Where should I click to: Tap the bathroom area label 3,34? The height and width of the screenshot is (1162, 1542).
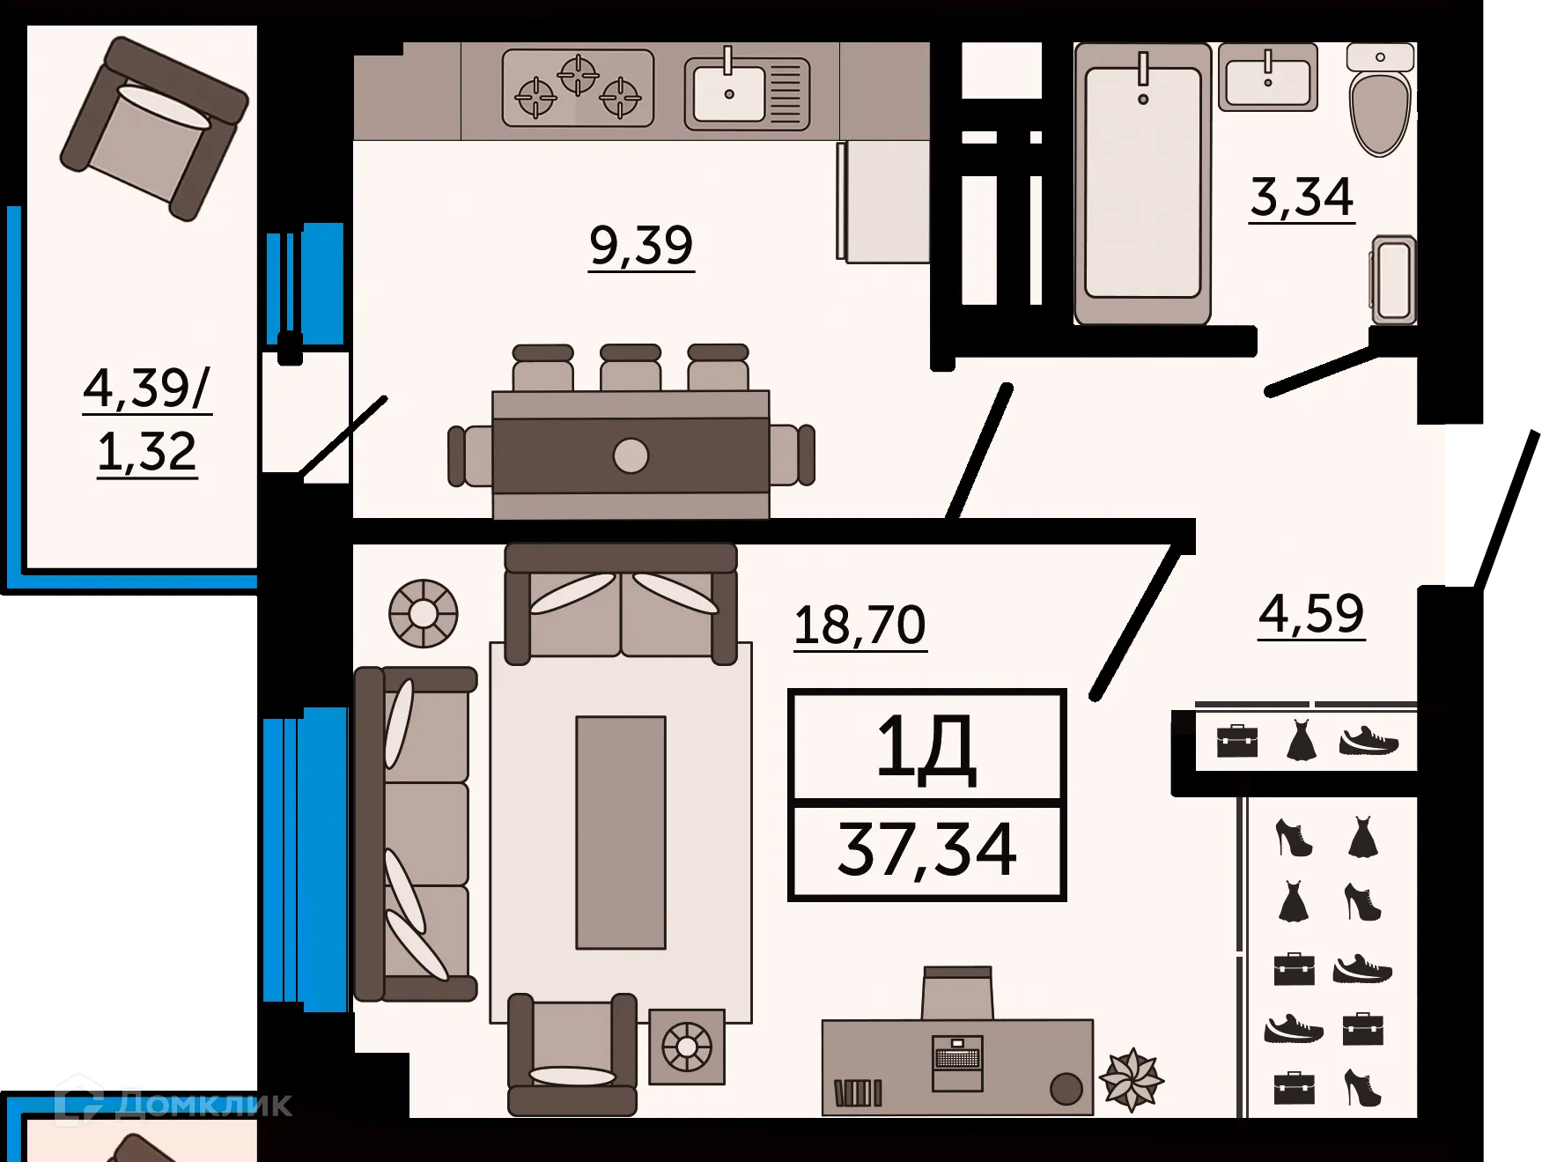click(1302, 197)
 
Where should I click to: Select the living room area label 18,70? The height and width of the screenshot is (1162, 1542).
click(860, 625)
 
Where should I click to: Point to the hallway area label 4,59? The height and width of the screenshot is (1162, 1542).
click(1311, 613)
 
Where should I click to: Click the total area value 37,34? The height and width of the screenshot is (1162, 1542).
click(927, 850)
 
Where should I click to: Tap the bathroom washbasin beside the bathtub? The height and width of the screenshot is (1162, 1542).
click(1268, 78)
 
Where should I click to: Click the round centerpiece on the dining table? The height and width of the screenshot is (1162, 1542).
click(631, 455)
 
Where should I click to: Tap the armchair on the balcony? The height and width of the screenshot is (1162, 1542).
click(154, 128)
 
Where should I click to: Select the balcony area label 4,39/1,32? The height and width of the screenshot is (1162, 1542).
click(147, 420)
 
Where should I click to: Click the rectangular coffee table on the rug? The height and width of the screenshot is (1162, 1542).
click(621, 832)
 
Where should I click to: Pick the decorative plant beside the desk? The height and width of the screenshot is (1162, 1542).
click(1132, 1078)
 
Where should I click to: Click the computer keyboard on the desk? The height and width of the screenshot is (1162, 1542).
click(957, 1057)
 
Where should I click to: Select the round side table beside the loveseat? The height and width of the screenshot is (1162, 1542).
click(424, 613)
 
